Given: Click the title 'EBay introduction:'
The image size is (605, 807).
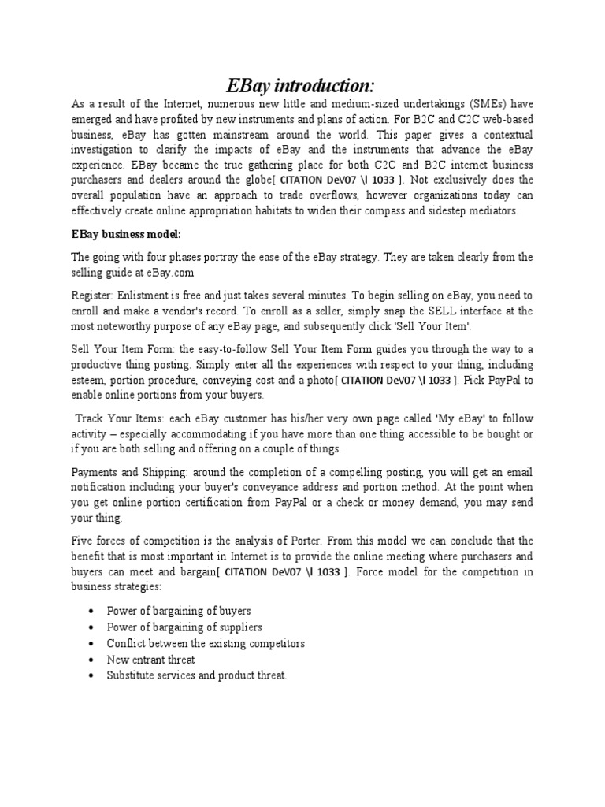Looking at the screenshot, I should (302, 86).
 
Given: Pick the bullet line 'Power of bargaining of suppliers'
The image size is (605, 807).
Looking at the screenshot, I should (185, 627).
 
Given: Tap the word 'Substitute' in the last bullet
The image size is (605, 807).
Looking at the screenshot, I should (135, 675).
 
